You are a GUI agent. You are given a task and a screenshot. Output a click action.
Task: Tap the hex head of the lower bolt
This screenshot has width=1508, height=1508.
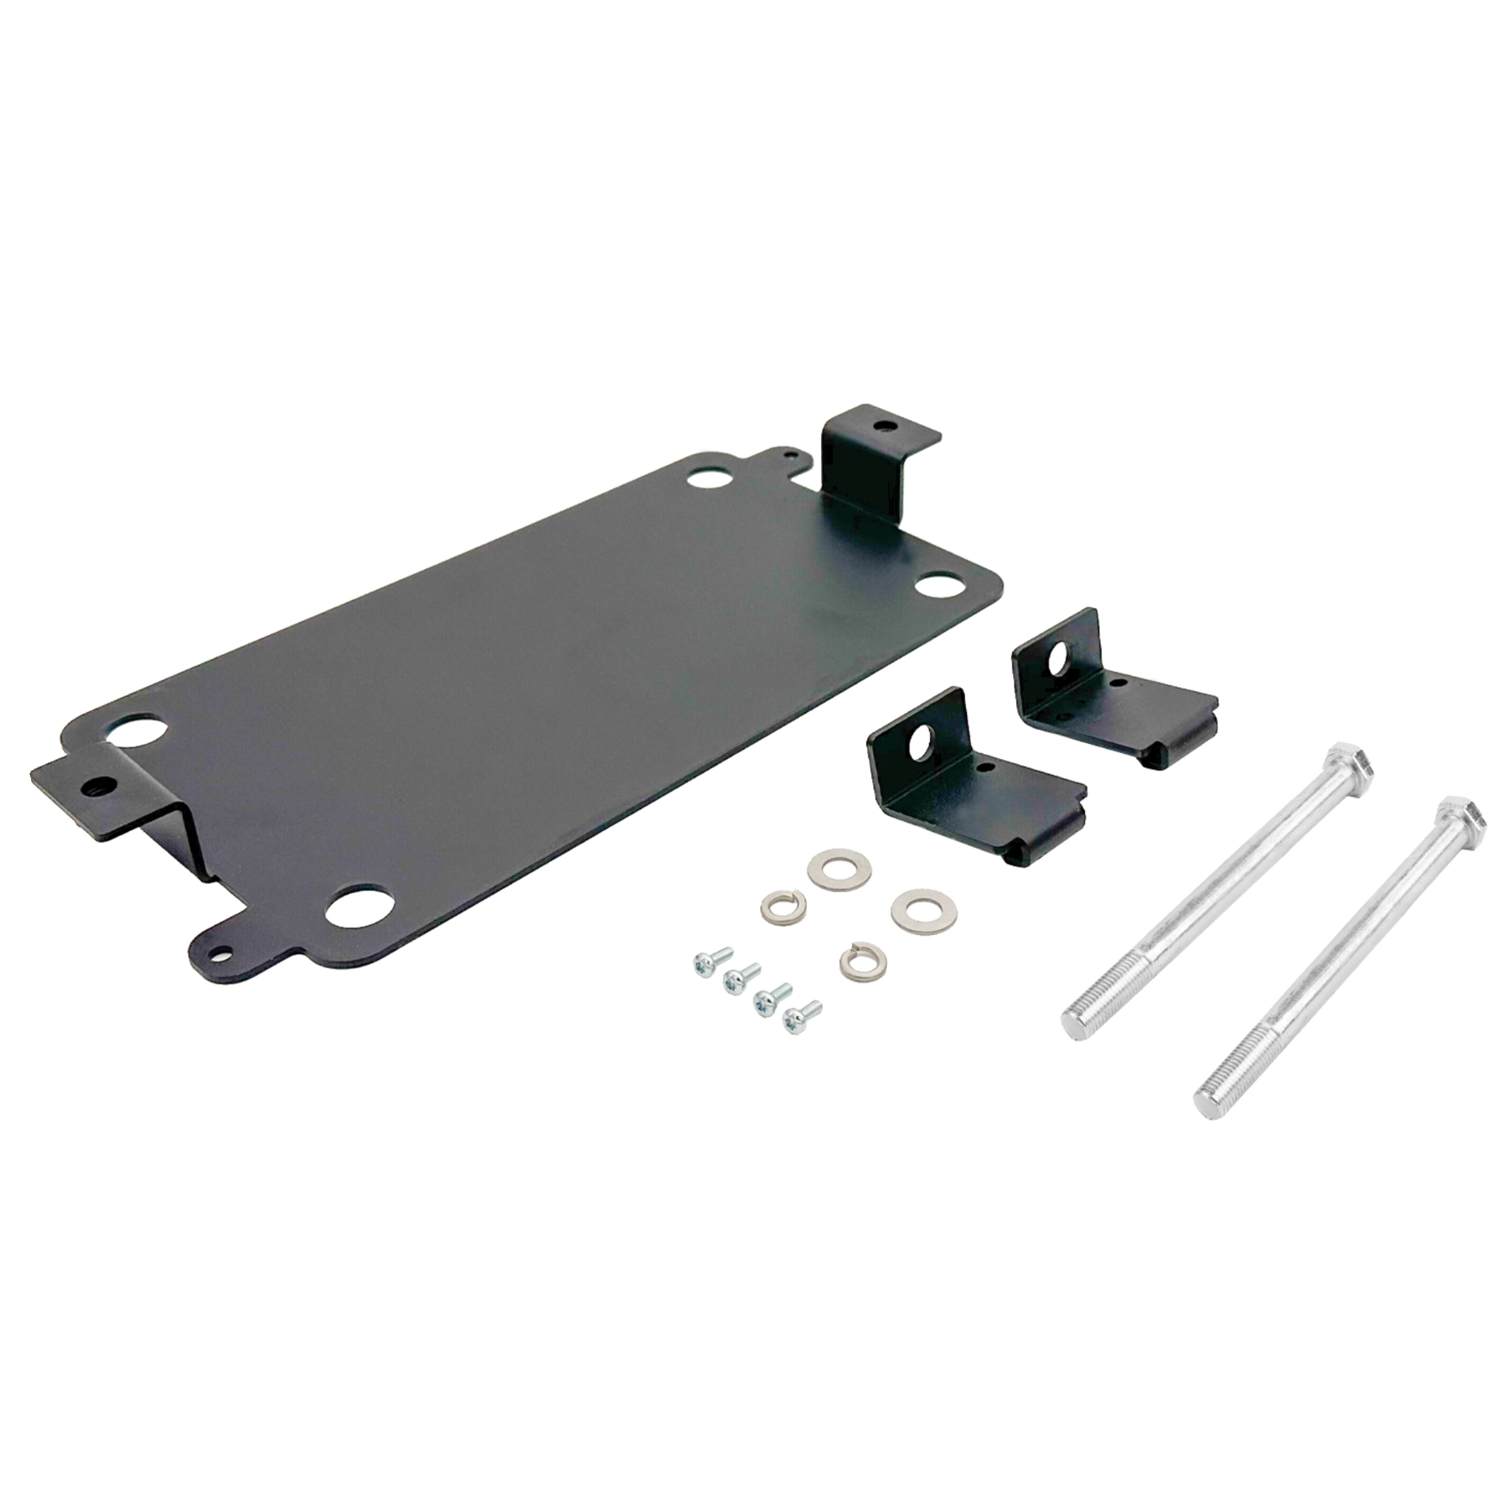[1460, 818]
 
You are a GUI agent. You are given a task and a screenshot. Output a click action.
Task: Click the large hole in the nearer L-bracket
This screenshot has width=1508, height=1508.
[924, 737]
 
